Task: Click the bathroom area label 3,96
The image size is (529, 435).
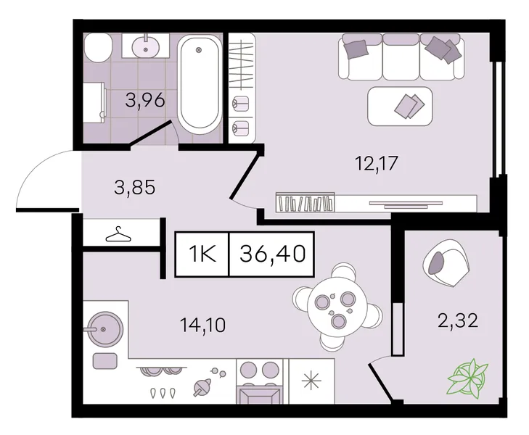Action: click(x=145, y=100)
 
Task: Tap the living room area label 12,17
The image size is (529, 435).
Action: click(x=377, y=163)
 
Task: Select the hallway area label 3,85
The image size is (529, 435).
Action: click(x=135, y=187)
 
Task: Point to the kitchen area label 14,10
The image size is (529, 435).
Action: click(x=202, y=325)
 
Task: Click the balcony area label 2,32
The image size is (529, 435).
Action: click(x=458, y=320)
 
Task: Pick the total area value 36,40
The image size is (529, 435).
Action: click(x=273, y=254)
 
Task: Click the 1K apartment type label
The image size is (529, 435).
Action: click(x=202, y=254)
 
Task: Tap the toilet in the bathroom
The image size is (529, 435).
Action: click(x=98, y=48)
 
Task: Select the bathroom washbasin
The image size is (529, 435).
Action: click(x=145, y=46)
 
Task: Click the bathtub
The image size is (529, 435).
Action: click(x=199, y=86)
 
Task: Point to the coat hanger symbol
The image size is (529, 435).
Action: click(x=118, y=234)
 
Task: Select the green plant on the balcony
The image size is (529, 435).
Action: click(x=467, y=377)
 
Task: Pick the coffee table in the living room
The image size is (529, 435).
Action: click(x=400, y=106)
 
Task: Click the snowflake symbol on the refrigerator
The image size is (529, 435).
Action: click(x=311, y=380)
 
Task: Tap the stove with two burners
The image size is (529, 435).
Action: click(x=260, y=381)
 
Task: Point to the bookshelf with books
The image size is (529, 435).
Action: click(x=305, y=202)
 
